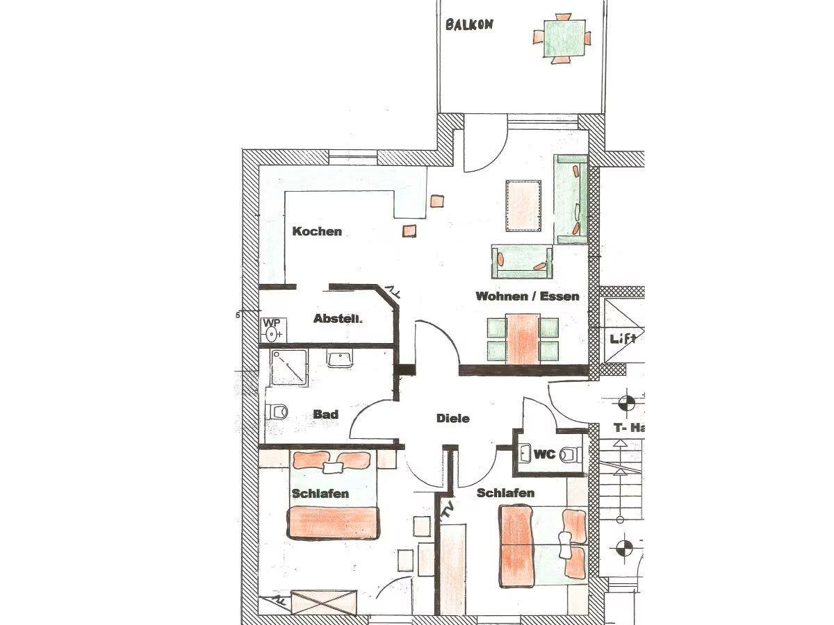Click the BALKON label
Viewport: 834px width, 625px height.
click(x=469, y=25)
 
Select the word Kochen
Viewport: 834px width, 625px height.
click(x=317, y=231)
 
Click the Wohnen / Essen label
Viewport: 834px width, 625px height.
click(x=528, y=296)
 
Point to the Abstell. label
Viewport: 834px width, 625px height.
click(x=338, y=319)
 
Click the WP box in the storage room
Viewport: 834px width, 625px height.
click(x=274, y=330)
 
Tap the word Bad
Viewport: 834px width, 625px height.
click(x=326, y=415)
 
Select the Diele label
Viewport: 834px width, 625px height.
click(x=453, y=419)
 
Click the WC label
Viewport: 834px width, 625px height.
click(x=544, y=454)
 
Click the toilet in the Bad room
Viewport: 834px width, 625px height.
click(x=276, y=412)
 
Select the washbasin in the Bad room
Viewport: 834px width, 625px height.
click(x=340, y=358)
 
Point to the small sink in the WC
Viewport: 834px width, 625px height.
click(x=526, y=453)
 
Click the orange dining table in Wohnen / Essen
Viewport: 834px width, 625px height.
click(x=523, y=339)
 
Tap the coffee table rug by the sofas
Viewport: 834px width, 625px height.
click(x=523, y=206)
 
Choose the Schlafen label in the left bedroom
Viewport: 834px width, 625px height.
click(x=320, y=494)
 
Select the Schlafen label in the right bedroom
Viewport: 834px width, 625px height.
click(x=505, y=493)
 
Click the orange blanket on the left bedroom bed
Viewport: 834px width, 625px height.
click(x=333, y=523)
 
